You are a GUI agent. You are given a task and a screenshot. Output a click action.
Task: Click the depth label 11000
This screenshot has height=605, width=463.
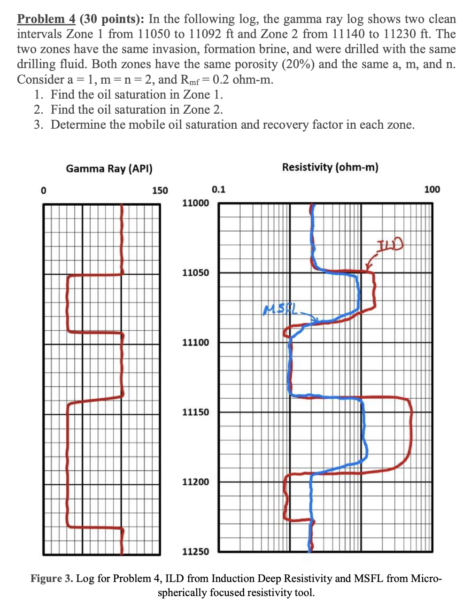click(x=195, y=203)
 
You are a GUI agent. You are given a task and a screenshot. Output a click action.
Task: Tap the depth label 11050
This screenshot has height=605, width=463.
click(x=195, y=272)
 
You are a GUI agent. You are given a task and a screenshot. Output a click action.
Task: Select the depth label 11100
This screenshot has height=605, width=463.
click(x=195, y=342)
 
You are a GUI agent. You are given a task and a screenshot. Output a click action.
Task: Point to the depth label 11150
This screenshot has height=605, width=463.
click(x=195, y=412)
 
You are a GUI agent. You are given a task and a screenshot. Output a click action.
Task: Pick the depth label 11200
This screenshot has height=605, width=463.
click(x=195, y=481)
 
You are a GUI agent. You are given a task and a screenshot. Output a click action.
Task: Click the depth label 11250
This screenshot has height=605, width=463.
click(x=195, y=551)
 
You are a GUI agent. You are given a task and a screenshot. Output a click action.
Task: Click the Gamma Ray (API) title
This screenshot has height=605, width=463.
click(x=109, y=169)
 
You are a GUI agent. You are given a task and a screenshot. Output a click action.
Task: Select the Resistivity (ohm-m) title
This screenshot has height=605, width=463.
click(x=330, y=167)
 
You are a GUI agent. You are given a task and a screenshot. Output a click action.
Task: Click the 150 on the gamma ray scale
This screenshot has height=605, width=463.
click(x=160, y=190)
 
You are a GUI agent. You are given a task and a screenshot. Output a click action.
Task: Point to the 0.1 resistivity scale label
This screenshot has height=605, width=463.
click(x=218, y=189)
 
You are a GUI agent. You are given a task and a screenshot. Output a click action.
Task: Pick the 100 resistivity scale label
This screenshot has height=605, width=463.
click(x=432, y=189)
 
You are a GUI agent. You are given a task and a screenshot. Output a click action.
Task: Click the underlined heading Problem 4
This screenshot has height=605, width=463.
click(x=46, y=19)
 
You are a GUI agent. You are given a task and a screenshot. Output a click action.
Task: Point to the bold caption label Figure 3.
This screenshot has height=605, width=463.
click(x=52, y=578)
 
